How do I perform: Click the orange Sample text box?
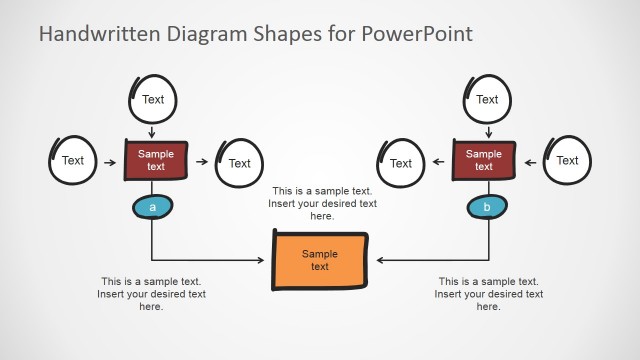click(x=320, y=261)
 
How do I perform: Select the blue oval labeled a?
click(x=152, y=207)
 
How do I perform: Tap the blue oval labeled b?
click(x=487, y=207)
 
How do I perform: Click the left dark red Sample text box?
click(x=155, y=160)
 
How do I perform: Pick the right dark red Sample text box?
click(x=484, y=160)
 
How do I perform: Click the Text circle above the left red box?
click(x=153, y=99)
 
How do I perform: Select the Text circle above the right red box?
click(x=487, y=99)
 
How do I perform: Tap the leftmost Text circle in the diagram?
click(x=73, y=160)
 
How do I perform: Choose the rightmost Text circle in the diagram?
click(x=567, y=160)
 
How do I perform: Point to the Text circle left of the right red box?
click(x=400, y=163)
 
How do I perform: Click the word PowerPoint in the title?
click(x=413, y=34)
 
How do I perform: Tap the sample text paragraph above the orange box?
click(x=322, y=203)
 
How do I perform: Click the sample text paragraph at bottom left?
click(x=151, y=294)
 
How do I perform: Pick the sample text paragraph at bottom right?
click(x=489, y=294)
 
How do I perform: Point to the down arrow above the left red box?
click(x=153, y=132)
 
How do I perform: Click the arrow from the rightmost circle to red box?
click(x=530, y=160)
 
